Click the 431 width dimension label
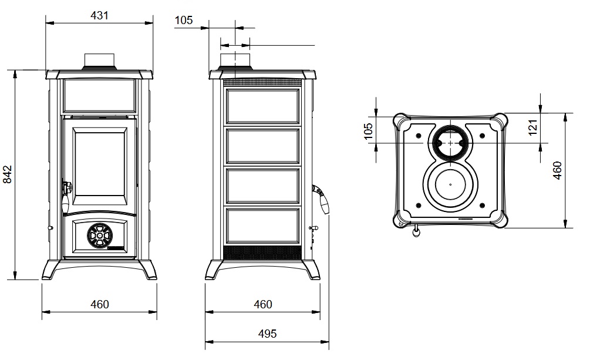[99, 15]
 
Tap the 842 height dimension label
[8, 174]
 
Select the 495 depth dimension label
[267, 334]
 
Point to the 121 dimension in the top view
[533, 127]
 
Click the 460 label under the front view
[99, 304]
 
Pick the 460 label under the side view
[262, 304]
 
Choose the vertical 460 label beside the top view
[558, 170]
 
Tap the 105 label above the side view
[184, 20]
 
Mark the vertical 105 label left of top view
[368, 131]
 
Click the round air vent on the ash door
[100, 235]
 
